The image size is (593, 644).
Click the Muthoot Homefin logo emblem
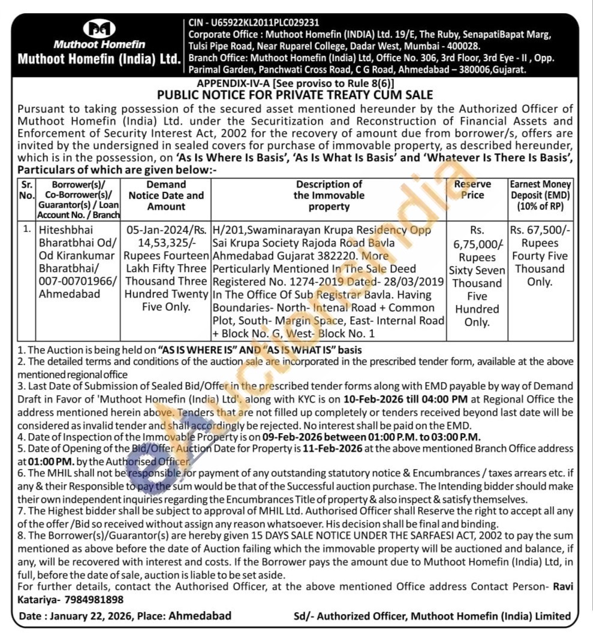click(x=99, y=29)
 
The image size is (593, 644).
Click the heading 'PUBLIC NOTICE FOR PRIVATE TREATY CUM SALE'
click(x=294, y=95)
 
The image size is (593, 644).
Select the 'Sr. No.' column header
click(x=27, y=190)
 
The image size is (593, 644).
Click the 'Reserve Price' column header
click(x=472, y=190)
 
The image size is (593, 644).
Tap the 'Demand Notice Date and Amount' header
click(x=166, y=195)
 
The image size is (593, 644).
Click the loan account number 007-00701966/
click(x=78, y=282)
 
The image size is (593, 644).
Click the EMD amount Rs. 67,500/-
click(x=540, y=230)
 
